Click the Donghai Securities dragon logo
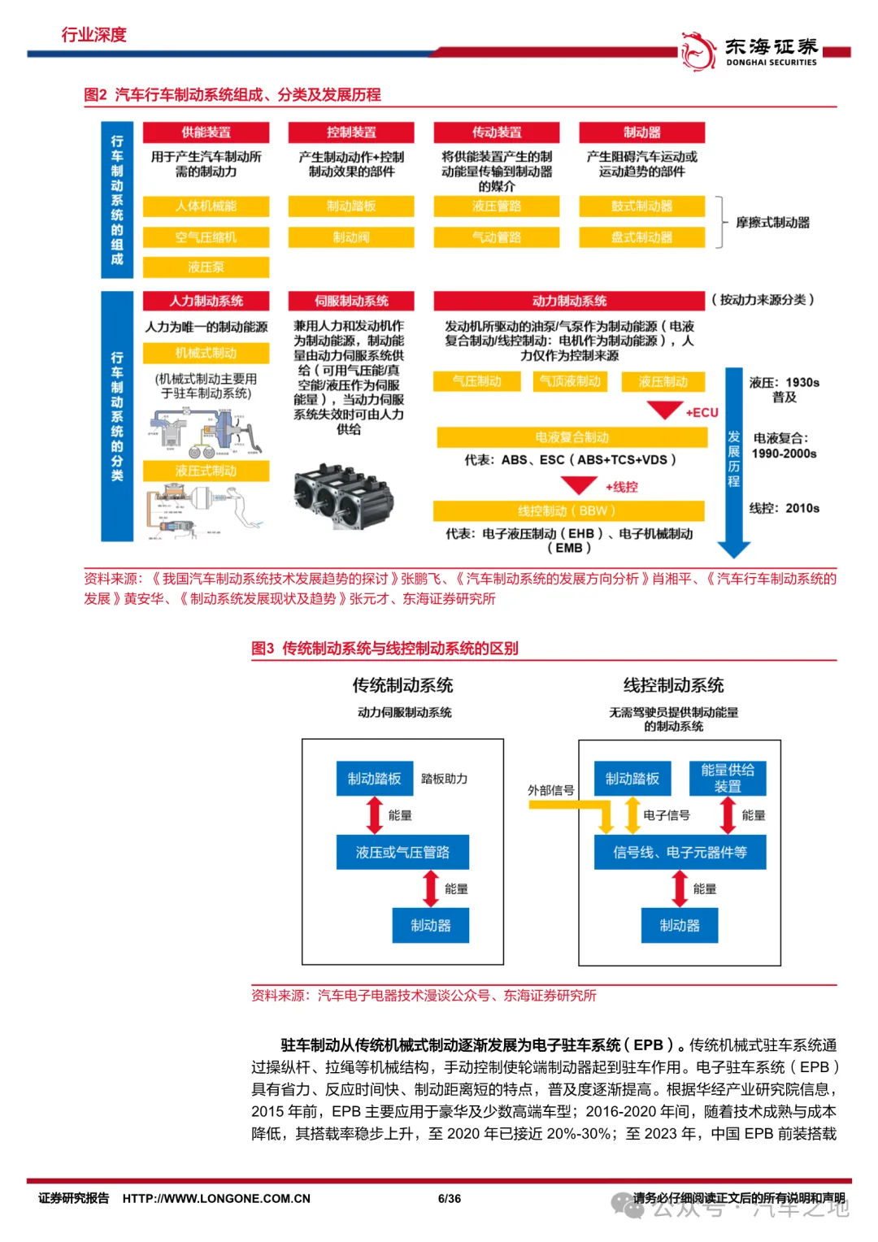(x=698, y=50)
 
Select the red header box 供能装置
(x=206, y=132)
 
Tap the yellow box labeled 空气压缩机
(x=206, y=237)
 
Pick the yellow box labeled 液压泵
(x=206, y=267)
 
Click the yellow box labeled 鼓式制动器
(x=641, y=206)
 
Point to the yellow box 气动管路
(x=497, y=237)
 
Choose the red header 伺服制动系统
(x=351, y=301)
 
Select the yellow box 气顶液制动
(x=570, y=381)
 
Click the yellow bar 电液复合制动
(x=572, y=437)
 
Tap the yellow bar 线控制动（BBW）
(x=568, y=510)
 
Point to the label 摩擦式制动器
(x=772, y=223)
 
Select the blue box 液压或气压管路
(x=402, y=852)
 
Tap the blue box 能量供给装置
(x=728, y=778)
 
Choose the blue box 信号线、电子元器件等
(x=680, y=852)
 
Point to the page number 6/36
(x=450, y=1198)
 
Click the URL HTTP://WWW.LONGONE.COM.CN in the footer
(x=216, y=1198)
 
